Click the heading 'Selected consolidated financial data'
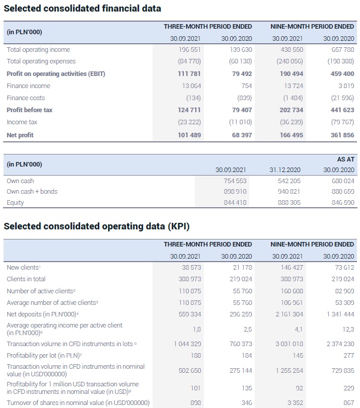coord(83,8)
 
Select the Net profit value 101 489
coord(189,135)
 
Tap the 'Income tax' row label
coord(21,122)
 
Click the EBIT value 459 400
coord(342,74)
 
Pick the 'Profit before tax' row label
coord(30,110)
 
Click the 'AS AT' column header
coord(345,159)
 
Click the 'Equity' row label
coord(15,203)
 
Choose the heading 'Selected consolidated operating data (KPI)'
coord(97,226)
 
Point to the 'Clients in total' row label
coord(26,279)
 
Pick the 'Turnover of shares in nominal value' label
coord(78,403)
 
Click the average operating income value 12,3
coord(348,329)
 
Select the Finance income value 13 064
coord(190,86)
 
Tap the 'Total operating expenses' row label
coord(41,61)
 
